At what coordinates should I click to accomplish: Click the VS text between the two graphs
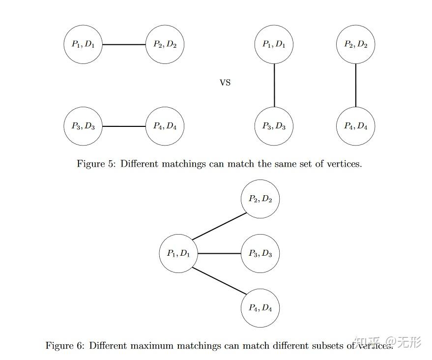coord(225,83)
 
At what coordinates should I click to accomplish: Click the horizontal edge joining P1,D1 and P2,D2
coord(124,44)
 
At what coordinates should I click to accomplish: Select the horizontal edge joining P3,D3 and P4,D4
coord(124,126)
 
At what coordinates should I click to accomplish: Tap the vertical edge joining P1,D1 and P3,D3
coord(274,85)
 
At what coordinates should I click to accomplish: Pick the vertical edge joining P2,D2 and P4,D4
coord(355,85)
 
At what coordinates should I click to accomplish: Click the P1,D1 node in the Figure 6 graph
coord(178,253)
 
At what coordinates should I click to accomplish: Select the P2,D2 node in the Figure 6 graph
coord(260,199)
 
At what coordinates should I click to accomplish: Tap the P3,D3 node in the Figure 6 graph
coord(260,253)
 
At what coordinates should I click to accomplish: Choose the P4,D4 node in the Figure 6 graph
coord(260,308)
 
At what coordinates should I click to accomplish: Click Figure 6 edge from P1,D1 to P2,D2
coord(219,226)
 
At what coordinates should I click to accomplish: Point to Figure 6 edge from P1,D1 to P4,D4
coord(219,281)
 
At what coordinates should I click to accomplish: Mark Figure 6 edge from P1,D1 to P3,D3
coord(219,253)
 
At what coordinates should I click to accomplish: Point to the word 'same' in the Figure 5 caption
coord(271,164)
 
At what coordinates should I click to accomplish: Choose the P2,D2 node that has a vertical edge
coord(355,44)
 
